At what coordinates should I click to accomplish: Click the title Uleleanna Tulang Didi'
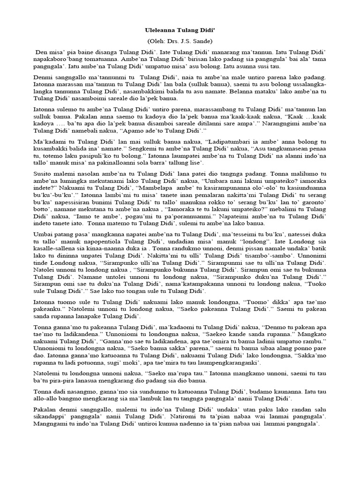tap(180, 30)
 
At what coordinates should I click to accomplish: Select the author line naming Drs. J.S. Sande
tap(180, 41)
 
